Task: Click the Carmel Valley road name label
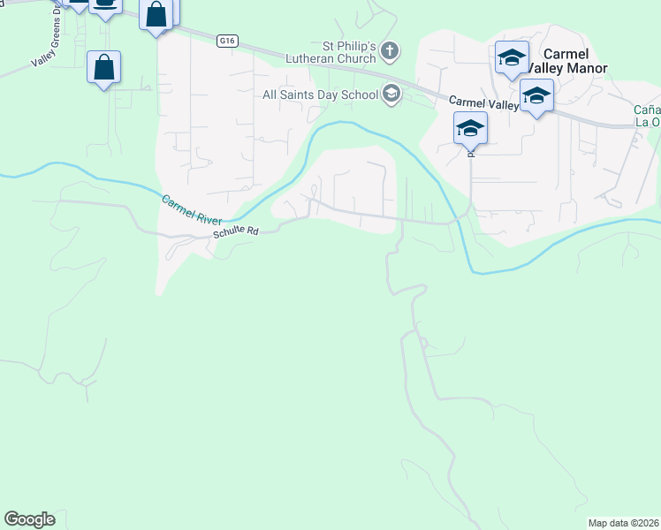(482, 103)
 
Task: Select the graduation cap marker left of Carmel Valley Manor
(512, 59)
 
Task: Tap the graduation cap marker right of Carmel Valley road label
(536, 95)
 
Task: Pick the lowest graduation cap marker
(471, 129)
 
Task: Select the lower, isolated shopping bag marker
(104, 67)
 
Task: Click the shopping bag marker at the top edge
(156, 16)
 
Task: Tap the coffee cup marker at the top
(105, 5)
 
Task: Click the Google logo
(29, 519)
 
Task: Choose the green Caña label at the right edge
(647, 110)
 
